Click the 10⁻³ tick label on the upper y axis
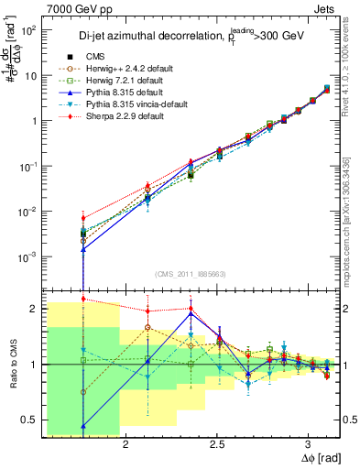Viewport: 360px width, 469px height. click(29, 256)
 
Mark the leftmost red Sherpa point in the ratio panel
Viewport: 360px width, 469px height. click(83, 299)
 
